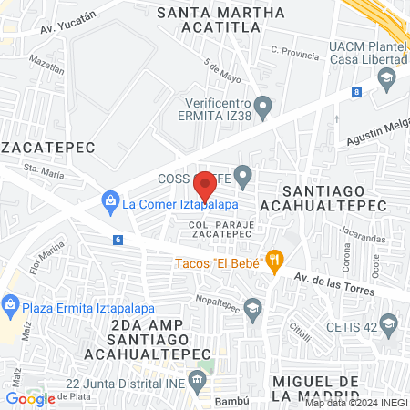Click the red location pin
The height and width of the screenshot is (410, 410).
(x=206, y=186)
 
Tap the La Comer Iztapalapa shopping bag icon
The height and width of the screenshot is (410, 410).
(x=109, y=199)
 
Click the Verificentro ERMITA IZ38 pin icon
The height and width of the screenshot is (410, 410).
(x=263, y=109)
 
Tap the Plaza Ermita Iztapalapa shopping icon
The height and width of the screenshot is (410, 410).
(x=11, y=303)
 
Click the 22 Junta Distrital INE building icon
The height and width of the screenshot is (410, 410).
(x=195, y=378)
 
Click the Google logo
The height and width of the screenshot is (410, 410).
(x=30, y=398)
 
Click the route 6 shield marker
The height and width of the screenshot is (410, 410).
(x=118, y=240)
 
